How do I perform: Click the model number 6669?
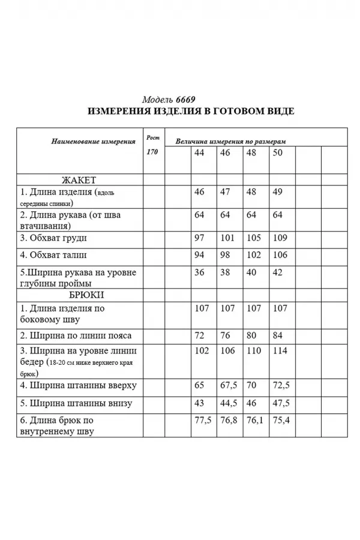[186, 100]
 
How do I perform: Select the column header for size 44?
[199, 153]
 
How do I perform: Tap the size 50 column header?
[277, 153]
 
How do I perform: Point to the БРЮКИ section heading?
[82, 296]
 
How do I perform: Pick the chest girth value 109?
[280, 238]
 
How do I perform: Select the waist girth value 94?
[200, 255]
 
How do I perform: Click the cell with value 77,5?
[203, 420]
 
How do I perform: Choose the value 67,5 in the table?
[228, 385]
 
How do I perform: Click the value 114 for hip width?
[280, 350]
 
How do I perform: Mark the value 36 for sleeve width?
[199, 272]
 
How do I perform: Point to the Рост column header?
[152, 137]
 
